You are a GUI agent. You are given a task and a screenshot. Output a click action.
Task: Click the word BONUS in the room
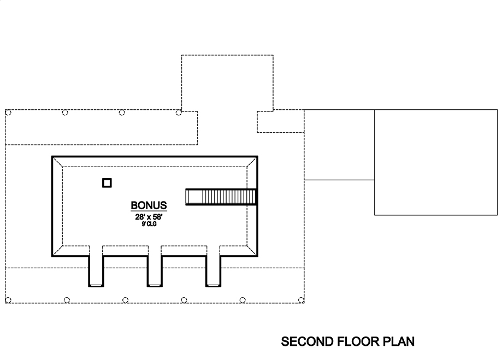click(x=149, y=206)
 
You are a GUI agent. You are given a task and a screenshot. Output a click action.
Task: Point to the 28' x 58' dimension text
click(x=149, y=216)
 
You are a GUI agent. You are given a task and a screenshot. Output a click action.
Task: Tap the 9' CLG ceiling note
click(x=149, y=224)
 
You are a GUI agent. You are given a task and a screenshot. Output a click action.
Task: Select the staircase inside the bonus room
click(x=221, y=197)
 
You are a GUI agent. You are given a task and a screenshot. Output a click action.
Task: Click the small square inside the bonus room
click(x=107, y=183)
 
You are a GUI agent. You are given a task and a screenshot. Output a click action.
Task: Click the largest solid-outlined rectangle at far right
click(x=435, y=162)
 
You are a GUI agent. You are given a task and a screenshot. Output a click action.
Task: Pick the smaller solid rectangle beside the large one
click(x=339, y=144)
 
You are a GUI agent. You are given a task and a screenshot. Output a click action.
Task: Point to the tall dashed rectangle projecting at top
click(x=227, y=82)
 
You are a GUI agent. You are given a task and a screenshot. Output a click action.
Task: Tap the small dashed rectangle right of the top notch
click(x=280, y=121)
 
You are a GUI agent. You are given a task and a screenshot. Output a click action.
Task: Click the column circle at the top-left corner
click(x=8, y=113)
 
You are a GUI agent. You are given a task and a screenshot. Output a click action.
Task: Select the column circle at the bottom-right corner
click(x=301, y=299)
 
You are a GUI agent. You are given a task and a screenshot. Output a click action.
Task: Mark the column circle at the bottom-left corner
click(x=8, y=299)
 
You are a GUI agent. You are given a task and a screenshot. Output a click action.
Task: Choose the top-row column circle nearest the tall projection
click(x=179, y=113)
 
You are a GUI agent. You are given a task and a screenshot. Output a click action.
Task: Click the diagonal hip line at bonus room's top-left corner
click(x=57, y=162)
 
